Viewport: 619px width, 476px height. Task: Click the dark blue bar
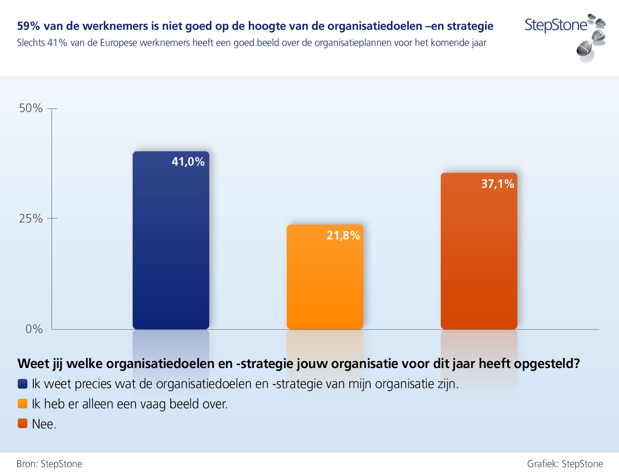pyautogui.click(x=171, y=250)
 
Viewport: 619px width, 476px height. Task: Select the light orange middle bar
pyautogui.click(x=325, y=282)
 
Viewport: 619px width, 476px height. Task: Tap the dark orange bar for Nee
pyautogui.click(x=479, y=258)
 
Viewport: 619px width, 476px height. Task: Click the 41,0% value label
pyautogui.click(x=188, y=162)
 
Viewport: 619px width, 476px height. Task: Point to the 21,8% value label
pyautogui.click(x=343, y=235)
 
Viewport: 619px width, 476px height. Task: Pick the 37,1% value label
pyautogui.click(x=498, y=184)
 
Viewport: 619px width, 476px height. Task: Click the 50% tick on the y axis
pyautogui.click(x=31, y=108)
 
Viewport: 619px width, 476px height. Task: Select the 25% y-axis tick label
pyautogui.click(x=31, y=218)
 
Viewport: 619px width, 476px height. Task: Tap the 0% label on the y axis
pyautogui.click(x=34, y=329)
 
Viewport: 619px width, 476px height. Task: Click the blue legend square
pyautogui.click(x=23, y=384)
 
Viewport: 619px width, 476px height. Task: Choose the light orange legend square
pyautogui.click(x=23, y=403)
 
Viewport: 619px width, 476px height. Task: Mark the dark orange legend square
pyautogui.click(x=23, y=424)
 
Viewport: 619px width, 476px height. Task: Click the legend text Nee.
pyautogui.click(x=44, y=424)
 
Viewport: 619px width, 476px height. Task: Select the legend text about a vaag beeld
pyautogui.click(x=130, y=404)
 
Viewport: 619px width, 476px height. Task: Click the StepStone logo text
pyautogui.click(x=556, y=25)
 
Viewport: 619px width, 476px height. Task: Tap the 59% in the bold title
pyautogui.click(x=28, y=26)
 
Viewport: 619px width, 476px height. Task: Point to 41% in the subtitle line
pyautogui.click(x=57, y=43)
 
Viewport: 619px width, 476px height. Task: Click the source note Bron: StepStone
pyautogui.click(x=49, y=464)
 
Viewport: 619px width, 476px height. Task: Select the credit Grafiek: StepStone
pyautogui.click(x=565, y=464)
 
